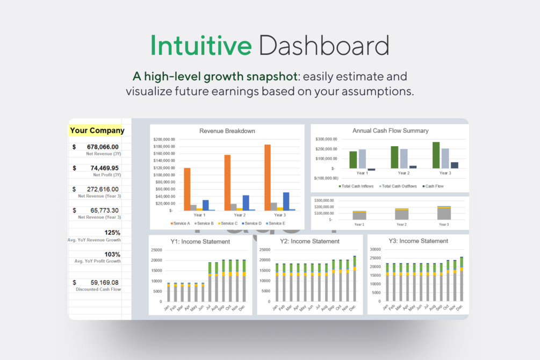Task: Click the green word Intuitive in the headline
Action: [201, 45]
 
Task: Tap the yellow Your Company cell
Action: [97, 130]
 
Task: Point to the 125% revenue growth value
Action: [112, 233]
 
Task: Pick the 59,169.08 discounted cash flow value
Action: [104, 282]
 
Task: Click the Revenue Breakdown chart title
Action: [227, 131]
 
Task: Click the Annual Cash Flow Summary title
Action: [390, 131]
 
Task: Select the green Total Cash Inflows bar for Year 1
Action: [353, 160]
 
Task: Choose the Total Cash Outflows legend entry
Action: [399, 186]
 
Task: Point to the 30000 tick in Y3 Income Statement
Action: [376, 250]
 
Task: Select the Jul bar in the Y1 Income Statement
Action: [210, 282]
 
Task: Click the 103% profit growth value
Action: [112, 254]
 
